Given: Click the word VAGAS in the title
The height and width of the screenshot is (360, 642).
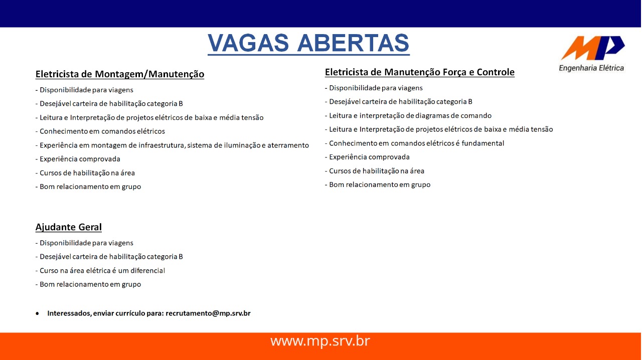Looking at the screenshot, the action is pyautogui.click(x=248, y=43).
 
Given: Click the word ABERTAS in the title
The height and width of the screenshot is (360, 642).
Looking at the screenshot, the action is pyautogui.click(x=354, y=43).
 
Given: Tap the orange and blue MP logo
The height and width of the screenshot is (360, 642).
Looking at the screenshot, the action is pyautogui.click(x=593, y=48).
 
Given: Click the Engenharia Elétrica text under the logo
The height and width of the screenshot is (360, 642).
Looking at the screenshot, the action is pyautogui.click(x=591, y=68).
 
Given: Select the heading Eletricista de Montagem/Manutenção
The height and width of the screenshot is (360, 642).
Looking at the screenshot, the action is pyautogui.click(x=120, y=74).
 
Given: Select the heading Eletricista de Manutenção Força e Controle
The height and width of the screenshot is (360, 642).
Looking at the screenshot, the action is pyautogui.click(x=420, y=72).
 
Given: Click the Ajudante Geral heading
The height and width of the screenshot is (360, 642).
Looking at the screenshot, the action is pyautogui.click(x=69, y=227).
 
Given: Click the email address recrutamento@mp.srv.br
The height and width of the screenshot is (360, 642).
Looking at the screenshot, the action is pyautogui.click(x=208, y=313).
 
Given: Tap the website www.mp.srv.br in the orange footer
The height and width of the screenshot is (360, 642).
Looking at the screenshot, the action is pyautogui.click(x=320, y=341).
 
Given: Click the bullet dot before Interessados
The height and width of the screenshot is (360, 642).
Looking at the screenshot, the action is pyautogui.click(x=37, y=313).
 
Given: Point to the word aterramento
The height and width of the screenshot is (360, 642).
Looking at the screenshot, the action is pyautogui.click(x=288, y=145).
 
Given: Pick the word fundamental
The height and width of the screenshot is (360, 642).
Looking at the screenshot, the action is pyautogui.click(x=483, y=143).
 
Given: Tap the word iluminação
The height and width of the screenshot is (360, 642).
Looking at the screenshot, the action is pyautogui.click(x=242, y=145).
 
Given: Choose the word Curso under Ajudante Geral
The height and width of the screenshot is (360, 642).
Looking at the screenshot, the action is pyautogui.click(x=49, y=271).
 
